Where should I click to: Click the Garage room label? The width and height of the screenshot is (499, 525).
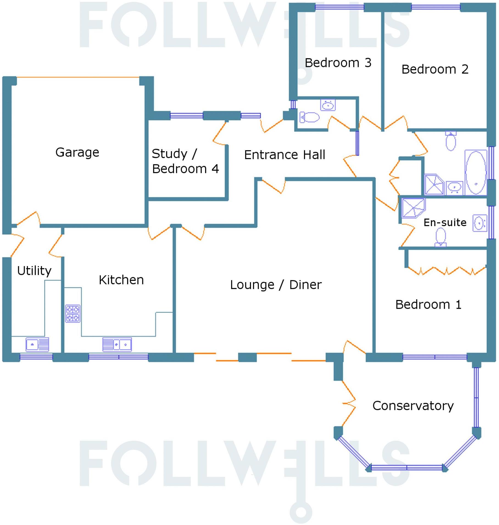[77, 152]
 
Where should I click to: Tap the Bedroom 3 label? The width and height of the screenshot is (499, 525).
[338, 63]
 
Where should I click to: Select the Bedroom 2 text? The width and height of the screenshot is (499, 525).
[435, 69]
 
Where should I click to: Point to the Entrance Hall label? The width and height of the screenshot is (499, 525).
[285, 155]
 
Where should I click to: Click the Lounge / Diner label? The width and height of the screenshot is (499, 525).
[276, 285]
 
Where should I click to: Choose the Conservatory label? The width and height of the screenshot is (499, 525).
[413, 406]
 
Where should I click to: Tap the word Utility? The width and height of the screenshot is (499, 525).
[34, 271]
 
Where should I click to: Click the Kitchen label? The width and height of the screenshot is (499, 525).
[121, 280]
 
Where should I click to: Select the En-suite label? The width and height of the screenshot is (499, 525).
[445, 222]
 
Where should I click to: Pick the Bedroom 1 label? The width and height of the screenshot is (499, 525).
[428, 305]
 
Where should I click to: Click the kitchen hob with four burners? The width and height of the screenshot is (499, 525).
[73, 313]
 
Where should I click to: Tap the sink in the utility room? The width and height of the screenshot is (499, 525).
[37, 344]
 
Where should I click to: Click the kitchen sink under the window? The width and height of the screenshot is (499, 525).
[117, 344]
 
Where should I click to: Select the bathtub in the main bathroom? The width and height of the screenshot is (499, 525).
[476, 172]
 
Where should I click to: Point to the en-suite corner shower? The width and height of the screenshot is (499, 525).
[413, 208]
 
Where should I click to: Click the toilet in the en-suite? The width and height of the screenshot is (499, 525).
[441, 237]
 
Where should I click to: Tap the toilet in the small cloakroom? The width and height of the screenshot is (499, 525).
[310, 117]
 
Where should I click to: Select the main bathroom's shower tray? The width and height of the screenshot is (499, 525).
[434, 184]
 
